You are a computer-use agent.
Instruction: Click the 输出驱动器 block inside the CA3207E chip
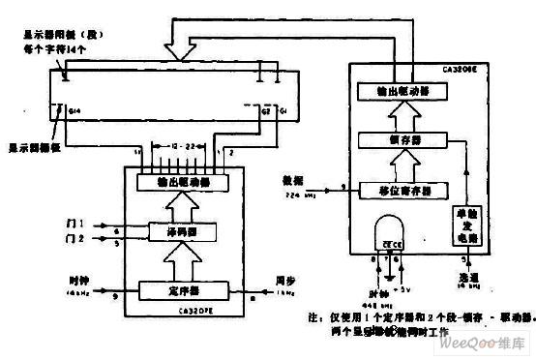[181, 181]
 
